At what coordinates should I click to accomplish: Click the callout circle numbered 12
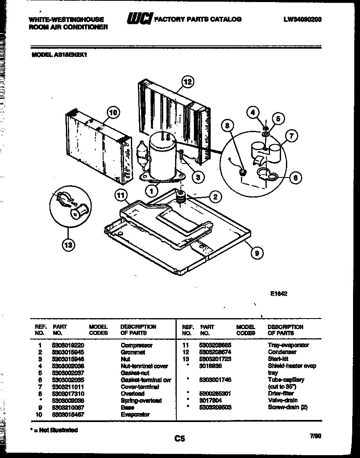click(187, 82)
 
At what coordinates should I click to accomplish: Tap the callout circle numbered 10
click(114, 112)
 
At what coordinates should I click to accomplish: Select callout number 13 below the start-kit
click(69, 245)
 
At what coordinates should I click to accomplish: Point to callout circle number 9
click(256, 253)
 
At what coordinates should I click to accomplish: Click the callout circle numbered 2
click(215, 197)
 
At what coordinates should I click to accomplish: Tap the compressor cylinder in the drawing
click(162, 157)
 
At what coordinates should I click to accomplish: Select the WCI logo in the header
click(139, 18)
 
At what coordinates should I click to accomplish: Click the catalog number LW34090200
click(302, 19)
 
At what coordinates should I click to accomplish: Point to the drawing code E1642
click(279, 293)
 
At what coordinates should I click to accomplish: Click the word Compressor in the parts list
click(137, 345)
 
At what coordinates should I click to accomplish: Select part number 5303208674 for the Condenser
click(216, 352)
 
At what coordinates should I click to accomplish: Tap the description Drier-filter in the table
click(280, 393)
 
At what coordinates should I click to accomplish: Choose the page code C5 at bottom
click(180, 439)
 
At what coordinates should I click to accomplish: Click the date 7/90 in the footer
click(315, 436)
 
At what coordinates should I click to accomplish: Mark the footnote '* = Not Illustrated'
click(55, 430)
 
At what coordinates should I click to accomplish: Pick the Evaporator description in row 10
click(135, 414)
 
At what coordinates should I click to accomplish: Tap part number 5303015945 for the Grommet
click(68, 352)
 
